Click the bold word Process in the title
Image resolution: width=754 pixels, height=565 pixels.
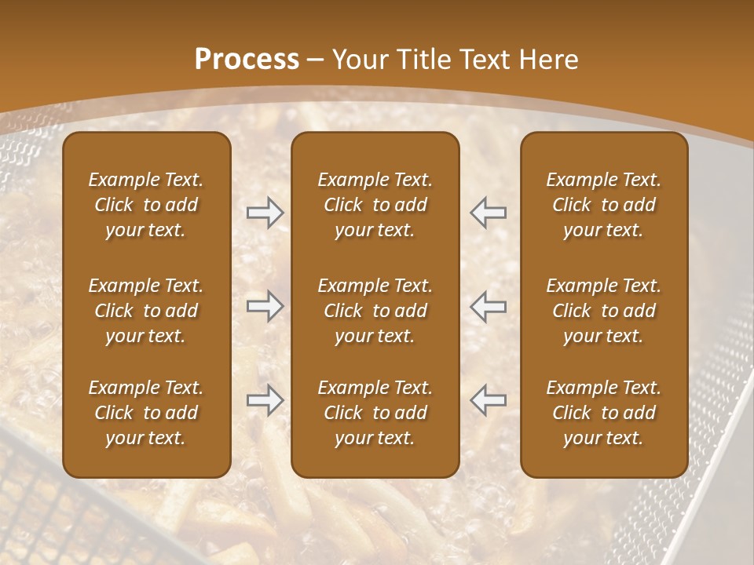click(x=247, y=60)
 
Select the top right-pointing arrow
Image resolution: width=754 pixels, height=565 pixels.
click(x=265, y=213)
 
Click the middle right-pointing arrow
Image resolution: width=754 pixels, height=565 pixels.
click(x=265, y=306)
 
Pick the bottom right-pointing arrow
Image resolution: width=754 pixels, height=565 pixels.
click(x=265, y=400)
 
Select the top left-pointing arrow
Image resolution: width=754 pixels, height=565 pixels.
click(x=489, y=213)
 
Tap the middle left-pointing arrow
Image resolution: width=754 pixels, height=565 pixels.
click(x=489, y=306)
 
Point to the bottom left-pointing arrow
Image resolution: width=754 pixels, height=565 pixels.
click(x=489, y=400)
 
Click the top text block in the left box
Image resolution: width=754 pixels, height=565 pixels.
click(x=146, y=205)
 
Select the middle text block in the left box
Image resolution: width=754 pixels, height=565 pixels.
click(x=146, y=311)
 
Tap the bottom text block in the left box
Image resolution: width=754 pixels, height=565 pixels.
click(x=146, y=413)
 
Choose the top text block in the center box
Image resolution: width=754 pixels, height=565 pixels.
click(x=375, y=205)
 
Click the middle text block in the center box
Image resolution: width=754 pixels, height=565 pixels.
click(x=375, y=311)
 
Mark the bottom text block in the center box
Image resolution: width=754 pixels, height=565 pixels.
click(x=375, y=413)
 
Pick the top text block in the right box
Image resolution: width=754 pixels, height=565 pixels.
click(x=604, y=205)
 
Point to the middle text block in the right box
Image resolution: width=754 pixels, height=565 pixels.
click(x=604, y=311)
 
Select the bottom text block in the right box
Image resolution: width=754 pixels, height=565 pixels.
click(x=604, y=413)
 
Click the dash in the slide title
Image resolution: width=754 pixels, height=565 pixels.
click(x=316, y=60)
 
